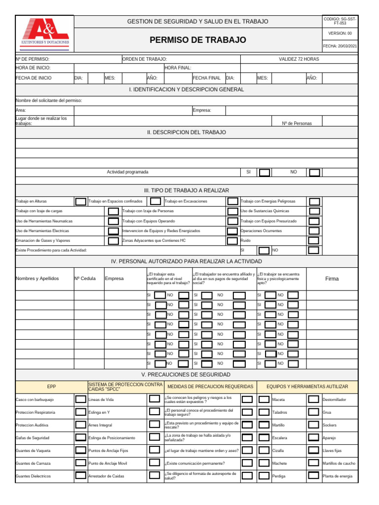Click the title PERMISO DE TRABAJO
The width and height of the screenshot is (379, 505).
197,40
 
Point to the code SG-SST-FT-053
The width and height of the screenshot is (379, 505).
340,21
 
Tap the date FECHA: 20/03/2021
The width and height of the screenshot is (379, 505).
340,46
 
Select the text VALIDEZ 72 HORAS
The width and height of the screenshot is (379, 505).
299,59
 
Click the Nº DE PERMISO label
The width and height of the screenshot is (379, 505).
33,59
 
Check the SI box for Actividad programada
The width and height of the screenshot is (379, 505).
265,172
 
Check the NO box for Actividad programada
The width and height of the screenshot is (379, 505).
314,172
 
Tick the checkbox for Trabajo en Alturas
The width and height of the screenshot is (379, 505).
80,201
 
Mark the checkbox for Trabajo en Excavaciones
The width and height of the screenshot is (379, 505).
232,201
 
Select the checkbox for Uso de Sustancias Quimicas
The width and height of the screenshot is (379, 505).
314,211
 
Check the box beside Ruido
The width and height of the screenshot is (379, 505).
314,241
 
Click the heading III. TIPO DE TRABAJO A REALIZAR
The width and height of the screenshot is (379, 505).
186,190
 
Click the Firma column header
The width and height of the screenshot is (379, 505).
332,279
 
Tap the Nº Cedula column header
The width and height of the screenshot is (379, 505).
85,279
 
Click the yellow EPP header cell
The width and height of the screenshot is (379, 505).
52,387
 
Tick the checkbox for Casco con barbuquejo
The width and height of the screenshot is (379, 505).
80,399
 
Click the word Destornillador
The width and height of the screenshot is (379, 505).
334,399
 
